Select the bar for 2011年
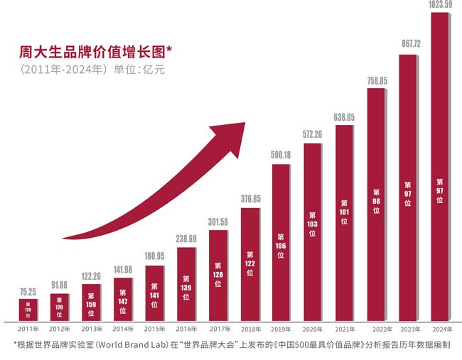(x=28, y=310)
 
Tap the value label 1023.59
(x=441, y=6)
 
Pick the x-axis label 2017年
(x=218, y=329)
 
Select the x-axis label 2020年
(x=312, y=329)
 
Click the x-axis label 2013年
(x=91, y=329)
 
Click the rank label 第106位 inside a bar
(x=281, y=246)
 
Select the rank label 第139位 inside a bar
(x=186, y=287)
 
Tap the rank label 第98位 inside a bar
(x=376, y=201)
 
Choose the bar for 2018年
(x=250, y=263)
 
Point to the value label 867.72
(x=408, y=43)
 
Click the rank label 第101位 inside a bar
(x=344, y=212)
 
